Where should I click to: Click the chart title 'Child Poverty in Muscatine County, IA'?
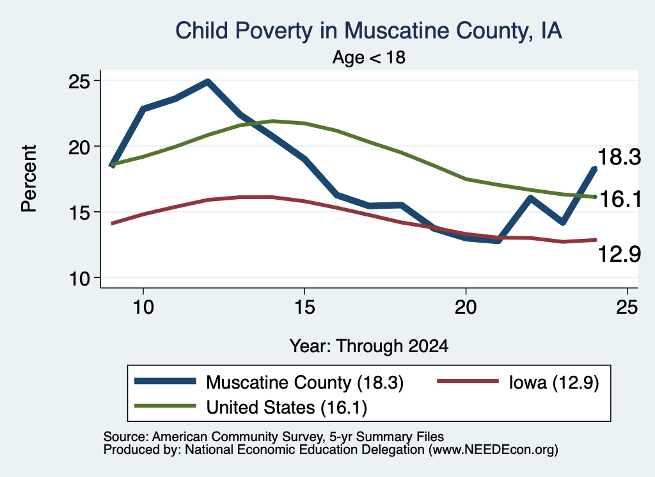tap(368, 31)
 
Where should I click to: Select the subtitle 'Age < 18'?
tap(369, 57)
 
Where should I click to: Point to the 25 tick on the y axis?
tap(79, 81)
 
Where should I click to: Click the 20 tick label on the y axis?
tap(79, 147)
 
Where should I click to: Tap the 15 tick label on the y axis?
tap(79, 213)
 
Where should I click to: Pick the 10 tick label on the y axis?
tap(79, 278)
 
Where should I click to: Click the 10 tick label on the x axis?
tap(143, 307)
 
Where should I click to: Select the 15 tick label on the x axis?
tap(304, 307)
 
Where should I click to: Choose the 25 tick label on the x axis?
tap(627, 307)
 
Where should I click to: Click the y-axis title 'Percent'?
tap(29, 179)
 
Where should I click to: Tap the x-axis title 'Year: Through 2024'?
tap(369, 346)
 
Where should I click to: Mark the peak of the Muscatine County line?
tap(208, 81)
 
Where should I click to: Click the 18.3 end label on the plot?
tap(619, 158)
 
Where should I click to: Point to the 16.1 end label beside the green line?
tap(620, 198)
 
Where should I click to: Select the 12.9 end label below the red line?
tap(619, 254)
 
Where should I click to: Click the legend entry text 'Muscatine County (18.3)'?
tap(305, 382)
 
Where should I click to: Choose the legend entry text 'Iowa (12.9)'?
tap(554, 382)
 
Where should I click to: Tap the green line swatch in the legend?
tap(165, 406)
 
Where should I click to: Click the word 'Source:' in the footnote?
tap(126, 437)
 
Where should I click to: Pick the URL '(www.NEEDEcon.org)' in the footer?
tap(493, 450)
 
